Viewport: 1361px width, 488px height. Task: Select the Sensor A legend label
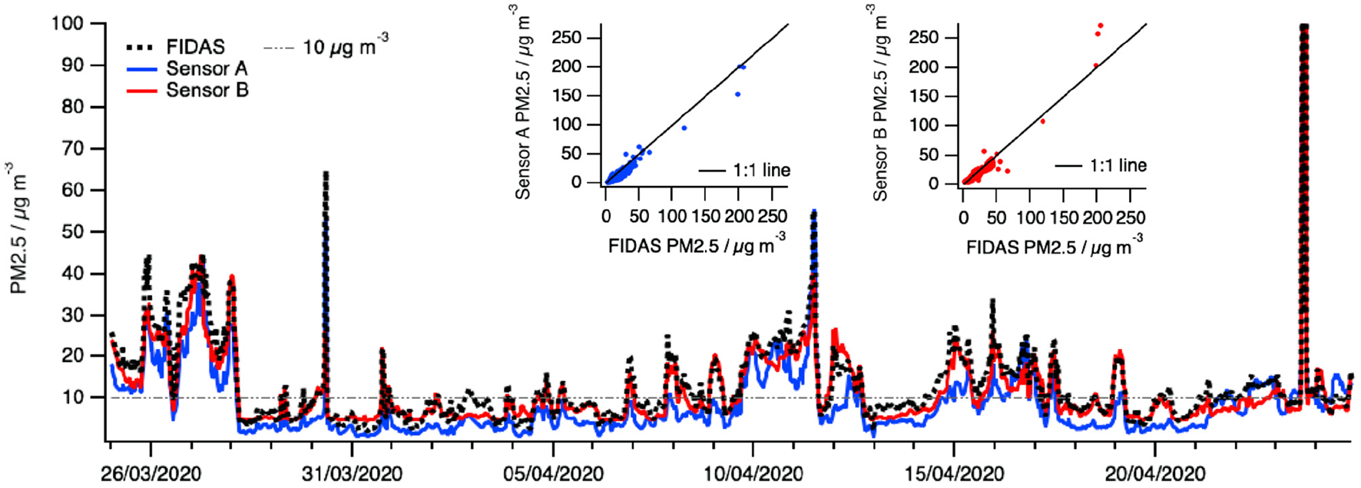pos(207,68)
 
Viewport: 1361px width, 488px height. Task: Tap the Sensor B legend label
pos(207,90)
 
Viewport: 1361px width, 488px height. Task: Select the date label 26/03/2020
pos(151,473)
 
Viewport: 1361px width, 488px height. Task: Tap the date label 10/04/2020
pos(753,473)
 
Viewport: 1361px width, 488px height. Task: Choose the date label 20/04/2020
pos(1155,473)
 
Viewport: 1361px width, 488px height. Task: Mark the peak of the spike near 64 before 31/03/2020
pos(326,174)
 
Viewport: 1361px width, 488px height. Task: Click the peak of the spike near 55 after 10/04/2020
pos(814,213)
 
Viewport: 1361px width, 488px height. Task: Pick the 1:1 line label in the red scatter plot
pos(1118,165)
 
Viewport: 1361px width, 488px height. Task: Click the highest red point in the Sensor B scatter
pos(1100,25)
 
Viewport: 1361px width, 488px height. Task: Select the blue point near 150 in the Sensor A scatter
pos(737,95)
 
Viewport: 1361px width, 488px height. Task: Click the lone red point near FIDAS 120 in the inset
pos(1042,121)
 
